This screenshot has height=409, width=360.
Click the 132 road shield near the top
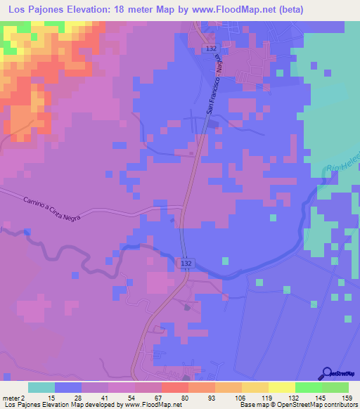click(212, 48)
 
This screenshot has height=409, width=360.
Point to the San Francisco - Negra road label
click(219, 87)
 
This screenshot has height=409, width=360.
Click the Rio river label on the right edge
click(342, 164)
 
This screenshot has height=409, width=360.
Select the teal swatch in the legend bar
click(41, 387)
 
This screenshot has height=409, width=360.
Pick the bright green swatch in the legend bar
click(309, 387)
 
